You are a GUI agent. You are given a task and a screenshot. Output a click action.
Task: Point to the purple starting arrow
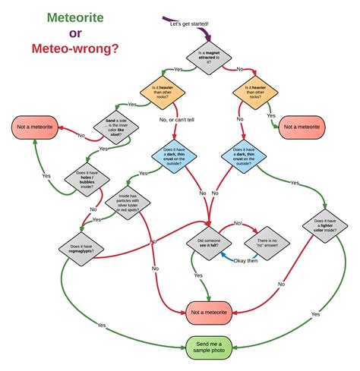click(x=171, y=20)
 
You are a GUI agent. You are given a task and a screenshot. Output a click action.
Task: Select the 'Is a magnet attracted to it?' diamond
click(x=208, y=58)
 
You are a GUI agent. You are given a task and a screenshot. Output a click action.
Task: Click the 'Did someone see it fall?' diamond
click(x=208, y=244)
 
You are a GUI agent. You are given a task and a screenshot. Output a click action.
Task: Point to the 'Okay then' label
click(x=245, y=261)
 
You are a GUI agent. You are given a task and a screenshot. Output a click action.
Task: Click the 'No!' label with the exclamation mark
click(x=238, y=223)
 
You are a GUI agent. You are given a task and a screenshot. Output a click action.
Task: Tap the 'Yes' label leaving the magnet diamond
click(x=178, y=69)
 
